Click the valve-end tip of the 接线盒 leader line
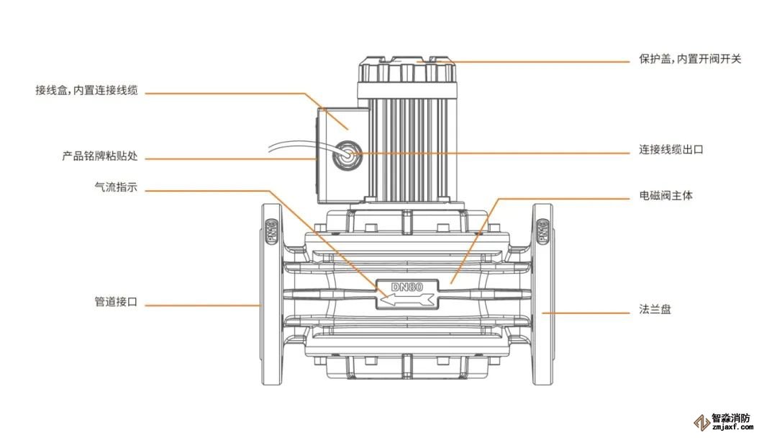347,130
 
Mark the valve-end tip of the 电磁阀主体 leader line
451,284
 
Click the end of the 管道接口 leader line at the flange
261,305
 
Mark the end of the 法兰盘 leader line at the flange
542,313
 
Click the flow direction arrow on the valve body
407,299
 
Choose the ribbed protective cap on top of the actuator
406,69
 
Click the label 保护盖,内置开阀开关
690,59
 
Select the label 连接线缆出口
671,149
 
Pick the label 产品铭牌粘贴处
99,156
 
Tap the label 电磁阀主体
665,195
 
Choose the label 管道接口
116,302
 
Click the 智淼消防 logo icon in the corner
701,423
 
